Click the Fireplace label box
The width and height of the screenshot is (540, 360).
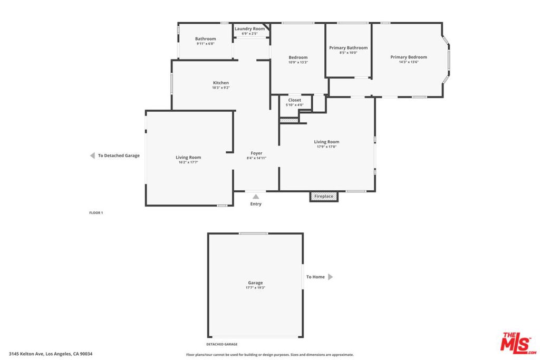[x=324, y=196]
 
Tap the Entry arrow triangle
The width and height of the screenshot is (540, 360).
[x=256, y=197]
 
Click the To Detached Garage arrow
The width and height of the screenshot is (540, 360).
[x=92, y=155]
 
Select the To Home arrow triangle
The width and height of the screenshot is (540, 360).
[x=330, y=277]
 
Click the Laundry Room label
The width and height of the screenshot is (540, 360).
[x=249, y=29]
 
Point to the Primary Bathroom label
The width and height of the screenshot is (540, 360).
[x=348, y=48]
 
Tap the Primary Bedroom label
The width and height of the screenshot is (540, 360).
[x=408, y=57]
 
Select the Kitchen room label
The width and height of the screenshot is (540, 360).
[x=220, y=83]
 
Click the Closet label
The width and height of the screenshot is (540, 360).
[x=294, y=100]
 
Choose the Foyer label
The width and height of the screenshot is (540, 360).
[x=256, y=153]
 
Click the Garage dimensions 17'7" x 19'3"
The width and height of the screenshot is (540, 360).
[x=255, y=288]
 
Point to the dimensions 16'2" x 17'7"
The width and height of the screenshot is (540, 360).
[x=188, y=162]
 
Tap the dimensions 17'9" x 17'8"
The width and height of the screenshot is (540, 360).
[x=326, y=147]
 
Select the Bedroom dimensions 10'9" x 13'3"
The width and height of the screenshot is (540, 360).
[x=298, y=62]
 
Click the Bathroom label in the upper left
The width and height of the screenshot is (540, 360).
[x=205, y=38]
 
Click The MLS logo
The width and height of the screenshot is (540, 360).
[x=518, y=342]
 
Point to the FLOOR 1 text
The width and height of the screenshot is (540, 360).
[x=96, y=212]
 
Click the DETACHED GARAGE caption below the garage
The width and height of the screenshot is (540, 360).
[x=221, y=344]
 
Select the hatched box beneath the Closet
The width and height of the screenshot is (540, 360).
[x=289, y=121]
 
